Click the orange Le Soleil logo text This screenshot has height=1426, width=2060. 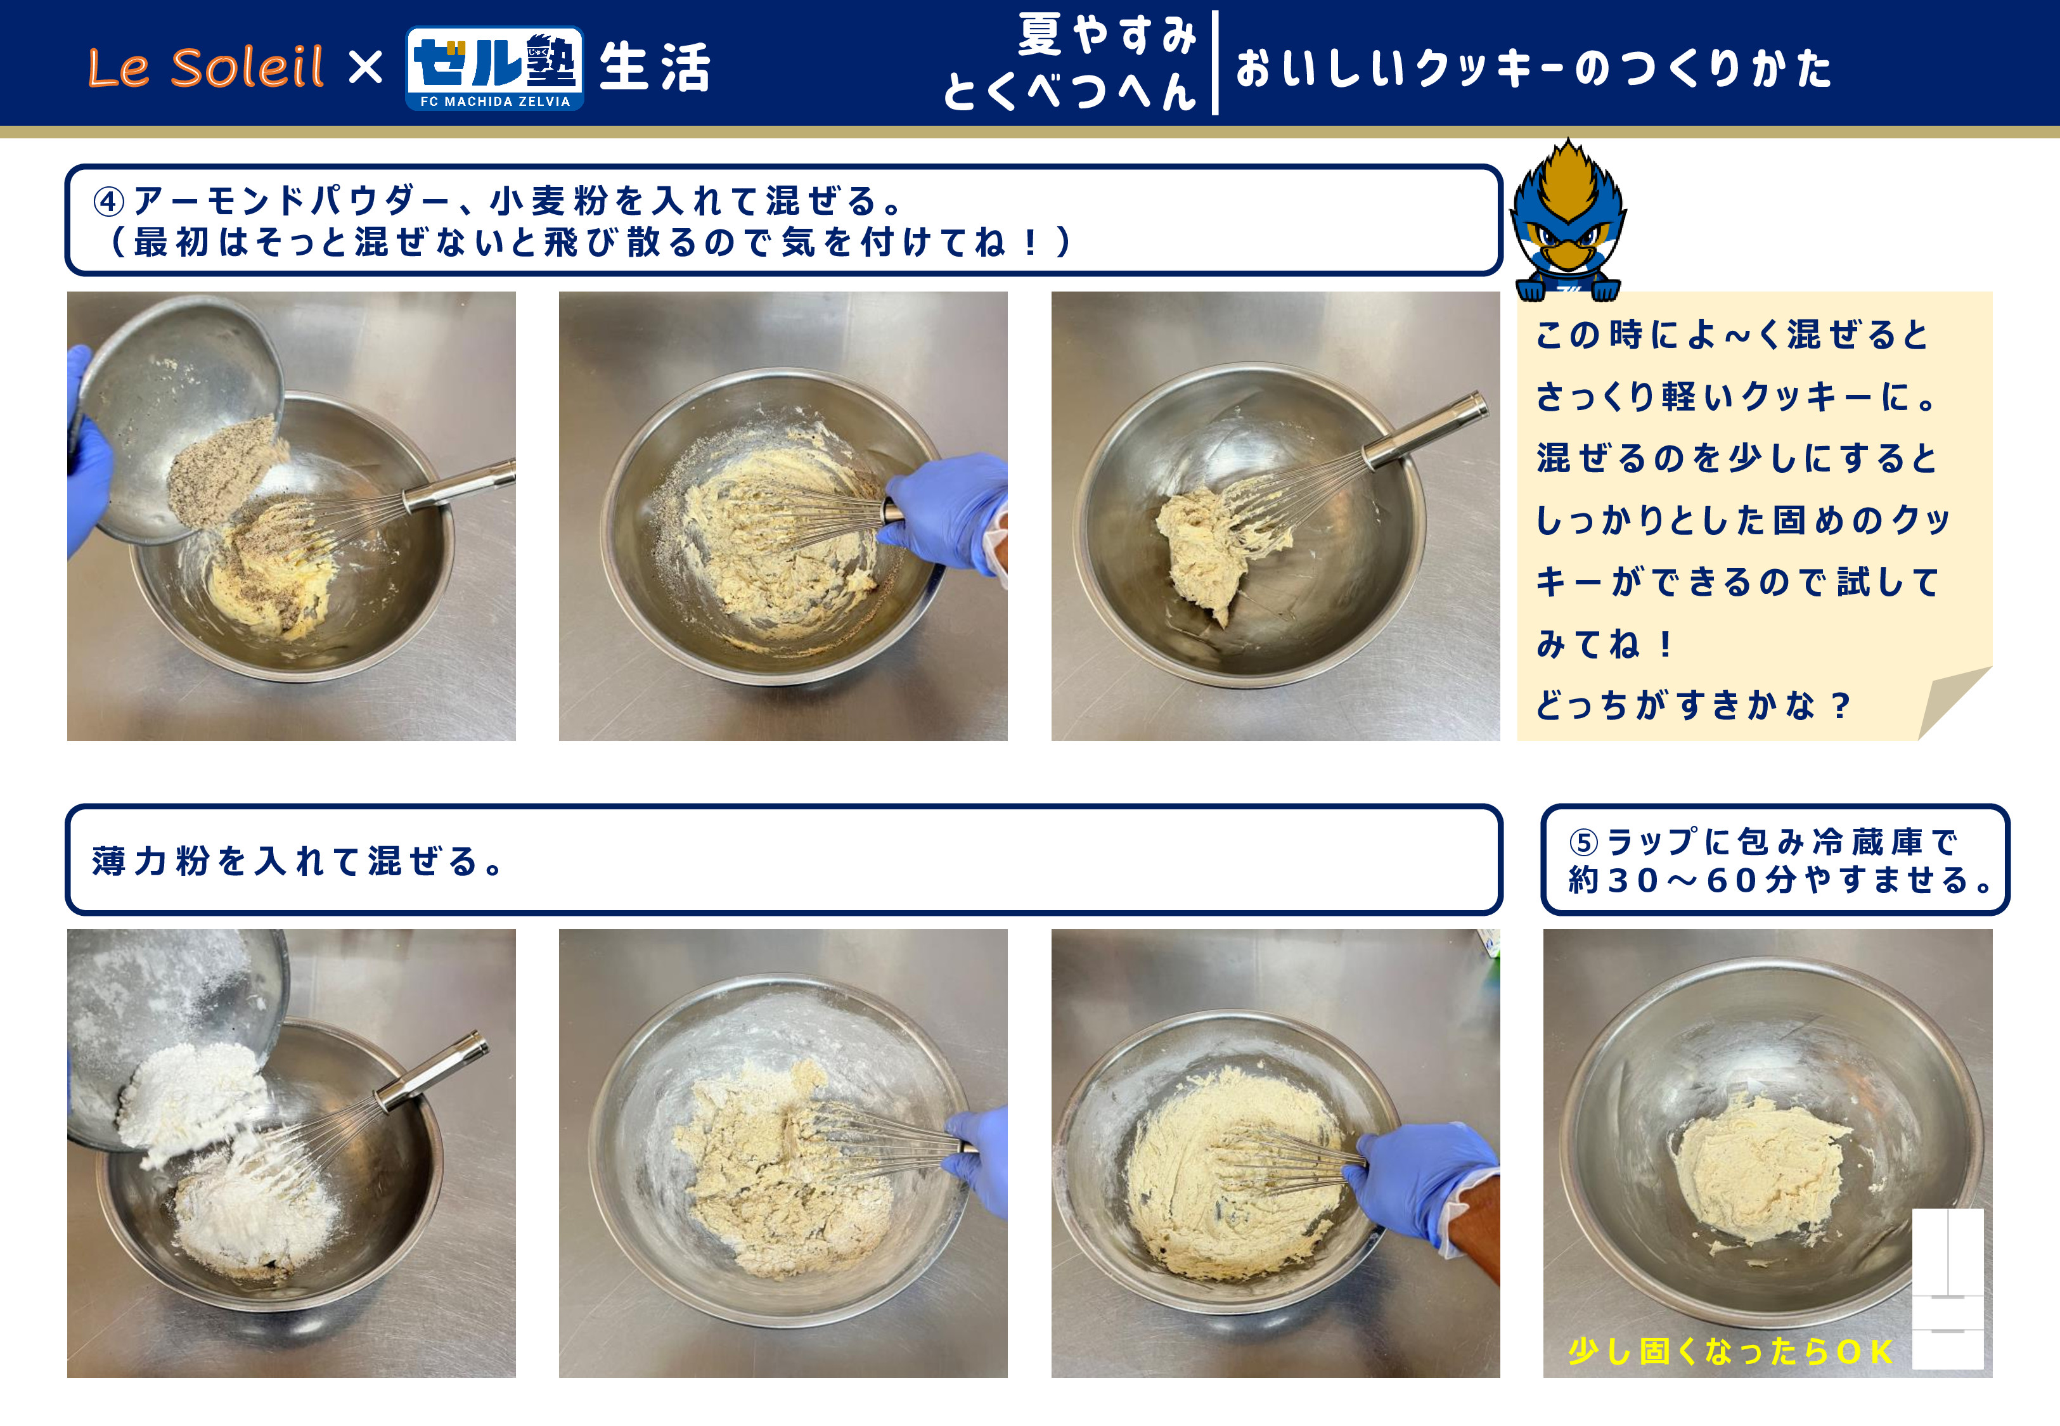(205, 67)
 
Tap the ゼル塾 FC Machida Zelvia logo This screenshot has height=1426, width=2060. (495, 68)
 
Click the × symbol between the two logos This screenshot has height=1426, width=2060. (365, 67)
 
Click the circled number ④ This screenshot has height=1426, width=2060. (109, 201)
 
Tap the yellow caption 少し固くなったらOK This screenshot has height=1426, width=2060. (1730, 1351)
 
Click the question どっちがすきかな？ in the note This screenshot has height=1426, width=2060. (1693, 705)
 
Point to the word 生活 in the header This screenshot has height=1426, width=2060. (655, 68)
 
